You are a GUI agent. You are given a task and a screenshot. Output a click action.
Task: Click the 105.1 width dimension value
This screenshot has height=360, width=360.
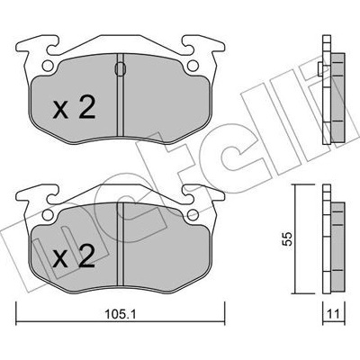121,315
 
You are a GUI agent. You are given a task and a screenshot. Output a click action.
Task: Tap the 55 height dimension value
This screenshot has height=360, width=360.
288,238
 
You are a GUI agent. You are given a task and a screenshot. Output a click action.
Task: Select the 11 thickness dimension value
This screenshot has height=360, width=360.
333,315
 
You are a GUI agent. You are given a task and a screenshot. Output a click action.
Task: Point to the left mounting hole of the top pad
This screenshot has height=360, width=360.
47,66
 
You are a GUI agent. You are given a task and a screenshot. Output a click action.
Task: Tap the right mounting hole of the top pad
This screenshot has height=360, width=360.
193,66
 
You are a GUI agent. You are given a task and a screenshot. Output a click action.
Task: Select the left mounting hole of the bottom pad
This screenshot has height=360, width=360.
47,214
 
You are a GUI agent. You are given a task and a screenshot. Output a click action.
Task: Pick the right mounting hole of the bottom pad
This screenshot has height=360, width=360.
193,214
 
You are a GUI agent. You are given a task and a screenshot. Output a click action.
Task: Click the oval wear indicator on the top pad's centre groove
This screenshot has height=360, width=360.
120,68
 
